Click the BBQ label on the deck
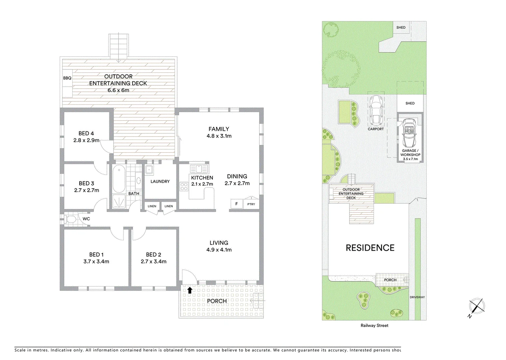[x=67, y=78]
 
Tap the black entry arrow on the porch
[x=190, y=290]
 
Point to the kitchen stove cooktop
[x=184, y=187]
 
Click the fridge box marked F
[x=237, y=204]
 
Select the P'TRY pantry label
[x=251, y=204]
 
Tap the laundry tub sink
[x=149, y=169]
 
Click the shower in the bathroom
[x=118, y=202]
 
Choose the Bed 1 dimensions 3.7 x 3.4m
[x=96, y=261]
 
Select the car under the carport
[x=376, y=109]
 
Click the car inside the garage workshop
[x=410, y=133]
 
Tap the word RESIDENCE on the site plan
[x=370, y=248]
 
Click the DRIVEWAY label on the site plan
[x=417, y=297]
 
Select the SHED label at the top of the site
[x=401, y=27]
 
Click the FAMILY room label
[x=219, y=129]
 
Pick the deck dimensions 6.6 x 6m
[x=118, y=90]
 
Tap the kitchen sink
[x=199, y=169]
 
